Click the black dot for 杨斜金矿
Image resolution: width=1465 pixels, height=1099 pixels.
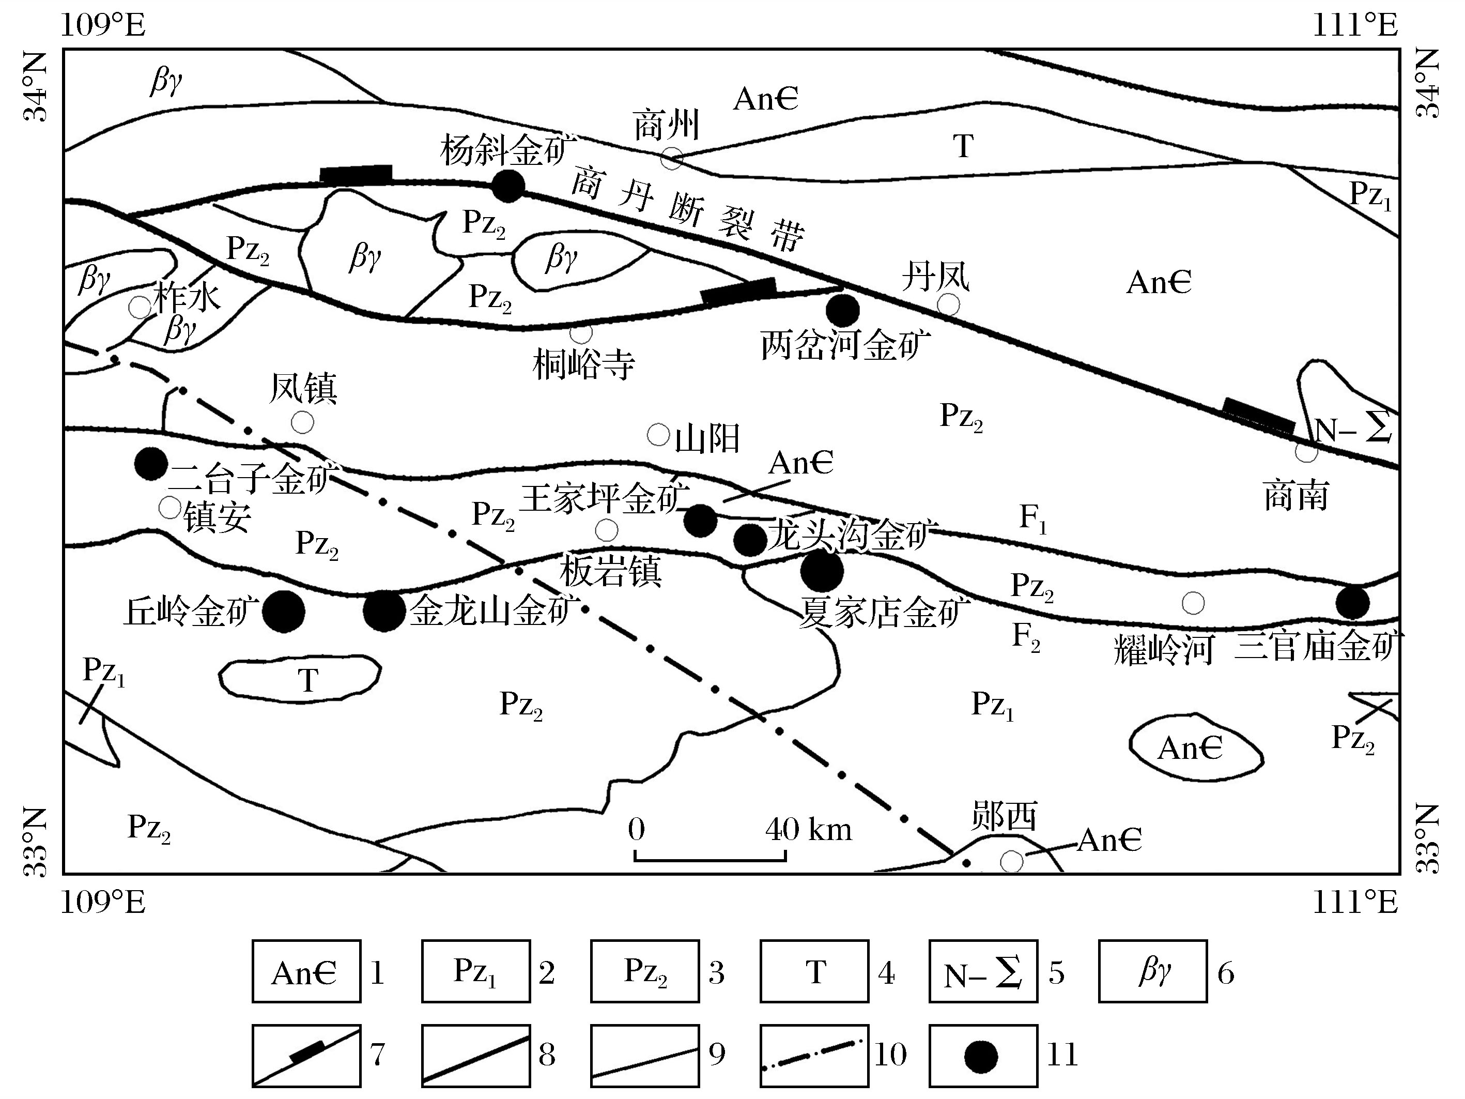[508, 186]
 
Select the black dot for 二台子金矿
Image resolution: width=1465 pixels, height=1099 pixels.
[150, 463]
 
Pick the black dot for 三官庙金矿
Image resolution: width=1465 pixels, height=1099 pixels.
[1352, 602]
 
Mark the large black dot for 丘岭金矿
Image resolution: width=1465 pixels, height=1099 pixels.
[284, 611]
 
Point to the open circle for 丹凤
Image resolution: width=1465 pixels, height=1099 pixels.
[948, 304]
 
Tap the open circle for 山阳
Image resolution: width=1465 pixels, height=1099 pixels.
[658, 435]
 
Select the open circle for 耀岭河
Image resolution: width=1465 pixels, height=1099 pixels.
[1193, 603]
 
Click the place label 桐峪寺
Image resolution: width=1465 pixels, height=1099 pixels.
[583, 364]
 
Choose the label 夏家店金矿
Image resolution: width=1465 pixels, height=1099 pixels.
[884, 612]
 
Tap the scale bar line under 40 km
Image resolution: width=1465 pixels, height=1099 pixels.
[710, 860]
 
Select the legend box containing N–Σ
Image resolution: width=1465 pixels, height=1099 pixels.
[983, 971]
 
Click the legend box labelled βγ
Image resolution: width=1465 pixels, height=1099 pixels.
[1152, 971]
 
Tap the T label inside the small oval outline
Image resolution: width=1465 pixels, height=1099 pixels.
[308, 680]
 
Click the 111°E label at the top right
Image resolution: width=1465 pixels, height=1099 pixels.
[1355, 26]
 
